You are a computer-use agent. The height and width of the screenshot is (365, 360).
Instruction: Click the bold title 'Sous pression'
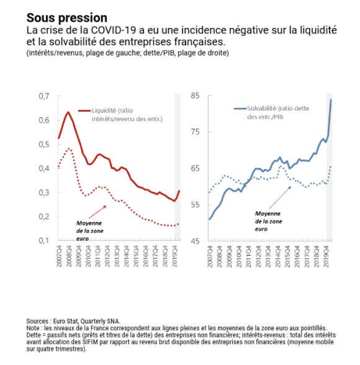67,18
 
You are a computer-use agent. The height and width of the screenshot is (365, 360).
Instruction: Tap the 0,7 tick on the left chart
44,96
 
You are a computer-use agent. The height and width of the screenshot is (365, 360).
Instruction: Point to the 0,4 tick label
44,168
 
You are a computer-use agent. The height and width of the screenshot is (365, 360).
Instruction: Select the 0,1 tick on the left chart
44,240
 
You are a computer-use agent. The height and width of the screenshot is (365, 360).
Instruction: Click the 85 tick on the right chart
195,96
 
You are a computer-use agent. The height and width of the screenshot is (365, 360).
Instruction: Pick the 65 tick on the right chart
195,168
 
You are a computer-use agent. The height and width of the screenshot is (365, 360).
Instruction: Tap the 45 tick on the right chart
195,241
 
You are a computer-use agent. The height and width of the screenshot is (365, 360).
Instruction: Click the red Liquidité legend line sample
84,110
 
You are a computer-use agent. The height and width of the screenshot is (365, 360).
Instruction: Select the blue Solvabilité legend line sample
240,109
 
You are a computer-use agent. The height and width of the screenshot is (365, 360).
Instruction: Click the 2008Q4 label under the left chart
69,256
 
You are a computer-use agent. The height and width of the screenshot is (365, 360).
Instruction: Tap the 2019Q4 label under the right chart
326,256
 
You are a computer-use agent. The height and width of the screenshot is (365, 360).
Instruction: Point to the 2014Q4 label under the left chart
127,256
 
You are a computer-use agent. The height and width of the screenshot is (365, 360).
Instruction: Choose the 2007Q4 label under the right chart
210,256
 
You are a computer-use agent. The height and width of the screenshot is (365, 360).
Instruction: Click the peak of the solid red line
68,112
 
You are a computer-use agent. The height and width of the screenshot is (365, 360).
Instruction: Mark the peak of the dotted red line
69,148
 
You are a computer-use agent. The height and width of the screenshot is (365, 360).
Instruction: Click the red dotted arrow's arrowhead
105,207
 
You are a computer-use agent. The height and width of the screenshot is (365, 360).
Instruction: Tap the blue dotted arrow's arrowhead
289,187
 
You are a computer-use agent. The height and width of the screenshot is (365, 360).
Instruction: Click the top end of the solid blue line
331,99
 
